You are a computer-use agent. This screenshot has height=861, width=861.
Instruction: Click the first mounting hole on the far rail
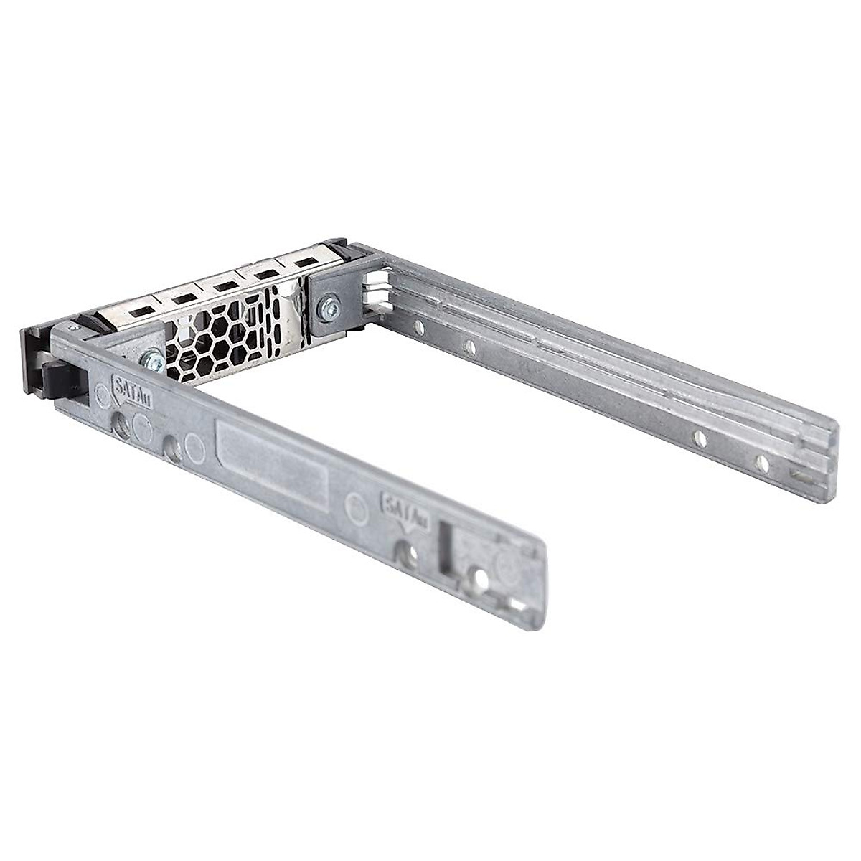(418, 327)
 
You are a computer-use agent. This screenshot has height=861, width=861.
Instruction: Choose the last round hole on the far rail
(763, 464)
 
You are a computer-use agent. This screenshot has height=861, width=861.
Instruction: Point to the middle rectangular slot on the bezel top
(223, 286)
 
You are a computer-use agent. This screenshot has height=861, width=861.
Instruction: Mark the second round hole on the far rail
(469, 348)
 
